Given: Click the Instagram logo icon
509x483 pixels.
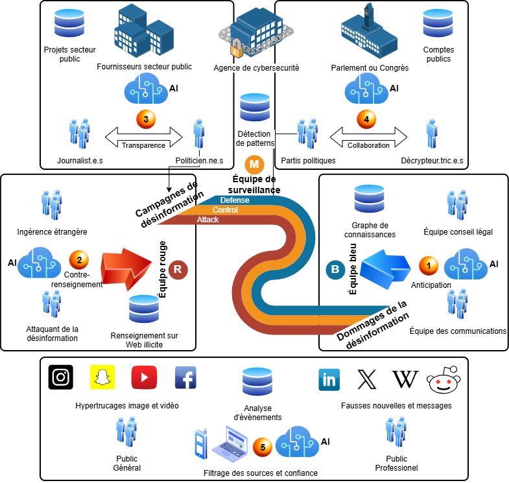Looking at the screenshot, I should pos(61,377).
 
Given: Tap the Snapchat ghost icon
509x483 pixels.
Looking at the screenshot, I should pos(101,377).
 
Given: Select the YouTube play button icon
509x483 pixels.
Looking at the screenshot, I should pos(144,377).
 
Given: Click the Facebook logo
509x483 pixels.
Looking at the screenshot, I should pos(185,377).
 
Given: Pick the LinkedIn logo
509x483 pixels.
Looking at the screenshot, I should pos(329,379).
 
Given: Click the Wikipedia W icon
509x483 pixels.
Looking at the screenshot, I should pos(405,379).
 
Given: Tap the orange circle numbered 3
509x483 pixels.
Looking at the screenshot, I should pos(146,119).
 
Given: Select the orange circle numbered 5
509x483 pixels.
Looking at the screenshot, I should pos(263,447).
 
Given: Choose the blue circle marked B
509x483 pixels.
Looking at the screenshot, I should pos(335,268).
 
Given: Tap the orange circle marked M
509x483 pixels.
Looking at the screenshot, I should pos(255,163).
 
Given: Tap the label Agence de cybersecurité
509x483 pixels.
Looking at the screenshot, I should pos(256,67).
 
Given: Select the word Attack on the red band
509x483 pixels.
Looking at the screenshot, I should pos(208,220).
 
